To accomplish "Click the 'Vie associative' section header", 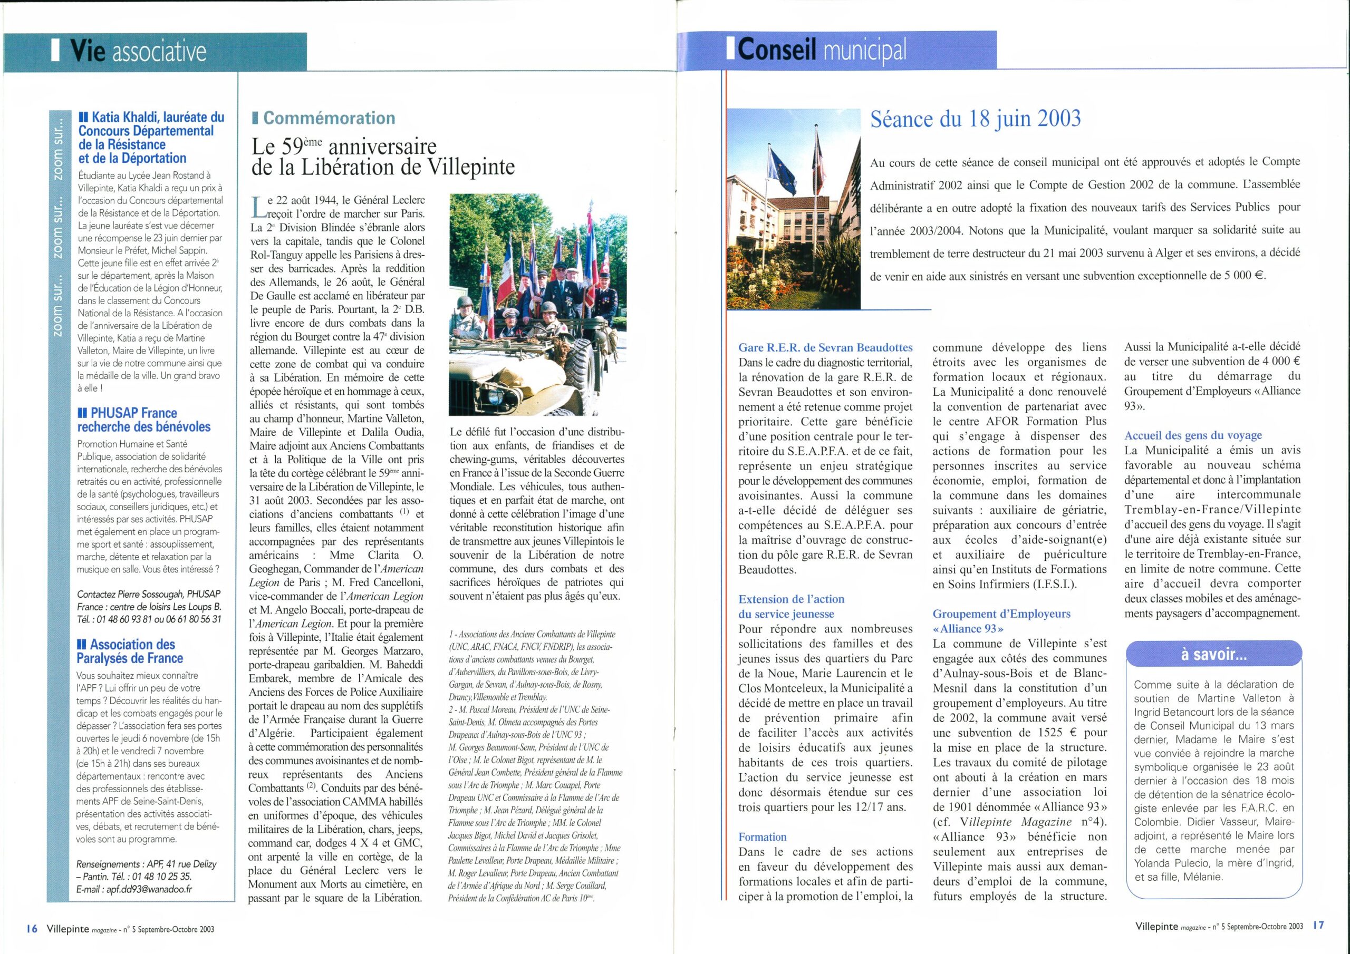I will tap(138, 52).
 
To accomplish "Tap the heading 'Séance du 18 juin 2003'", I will tap(975, 119).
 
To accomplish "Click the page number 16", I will tap(32, 929).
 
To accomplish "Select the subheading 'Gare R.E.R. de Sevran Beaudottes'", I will tap(825, 347).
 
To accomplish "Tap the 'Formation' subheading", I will tap(763, 836).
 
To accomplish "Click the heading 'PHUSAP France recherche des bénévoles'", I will tap(144, 420).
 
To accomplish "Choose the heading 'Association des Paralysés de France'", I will tap(130, 651).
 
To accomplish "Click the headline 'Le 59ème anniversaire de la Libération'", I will tap(383, 157).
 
